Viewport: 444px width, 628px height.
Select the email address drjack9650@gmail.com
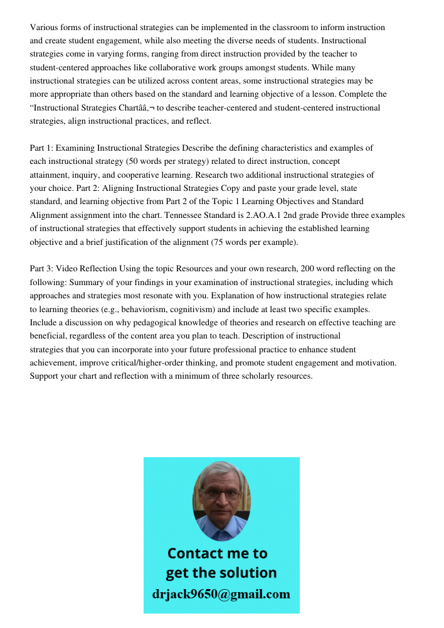tap(221, 593)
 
